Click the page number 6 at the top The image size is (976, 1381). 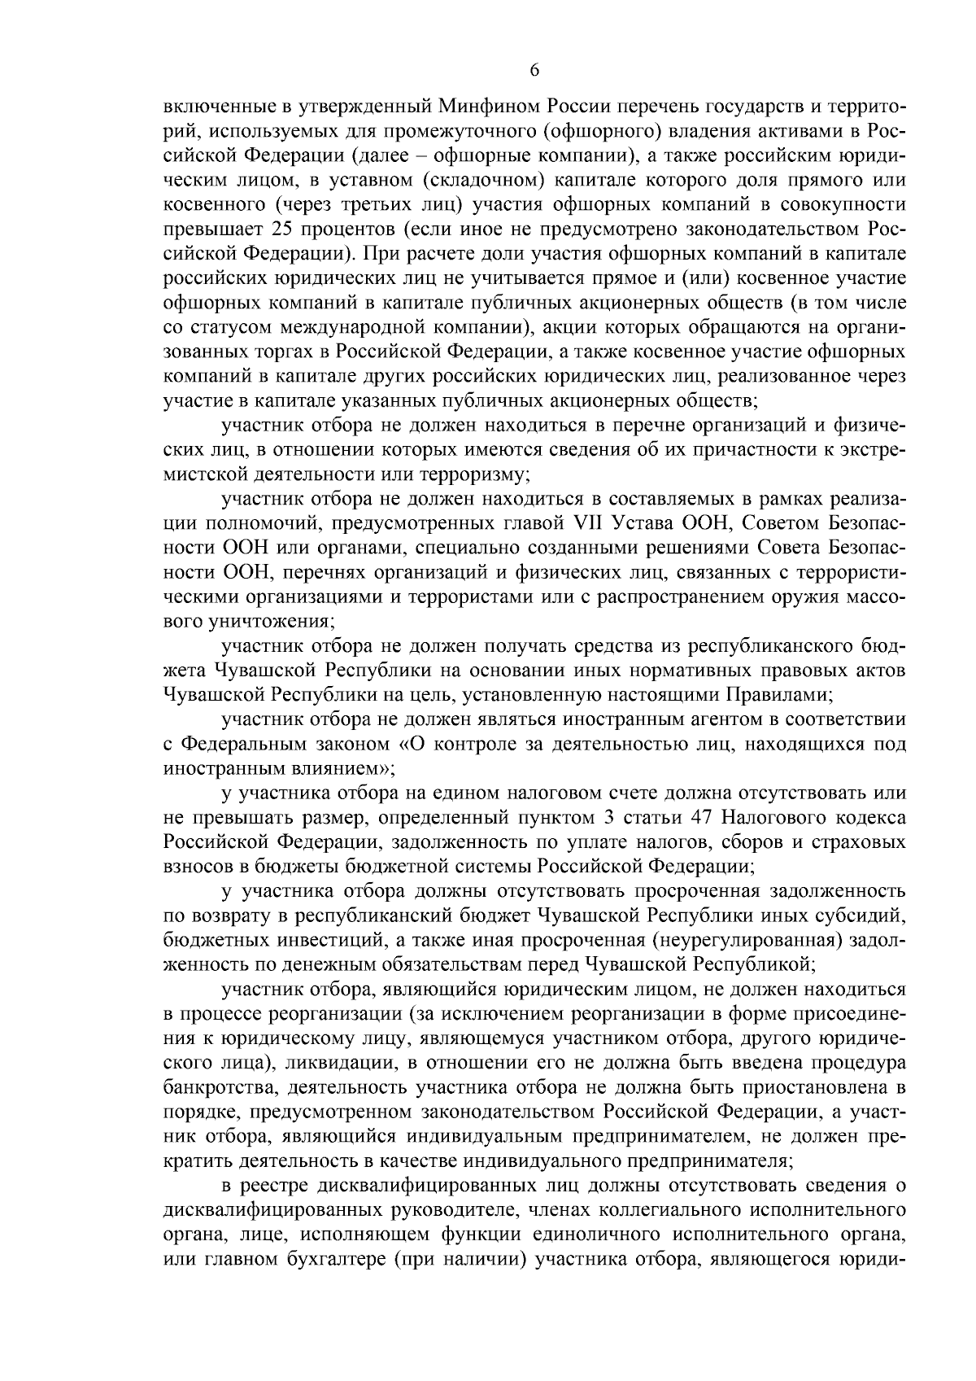[534, 70]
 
